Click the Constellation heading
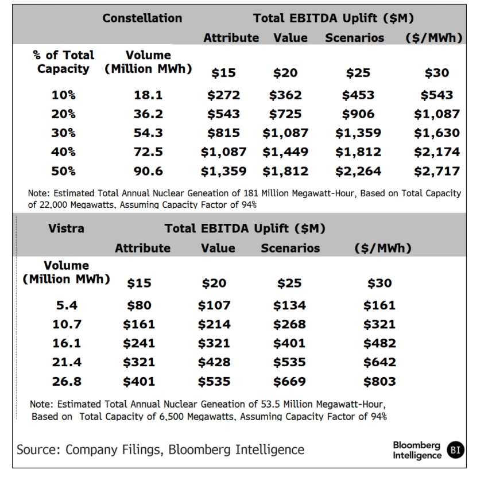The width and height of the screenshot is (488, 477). pos(142,18)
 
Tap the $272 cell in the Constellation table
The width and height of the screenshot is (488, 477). pos(223,95)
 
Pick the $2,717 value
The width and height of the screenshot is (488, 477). pos(437,171)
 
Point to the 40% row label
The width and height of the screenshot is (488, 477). pos(63,152)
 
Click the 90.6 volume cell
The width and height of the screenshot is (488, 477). pos(148,171)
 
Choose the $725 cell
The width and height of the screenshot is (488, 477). pos(285,114)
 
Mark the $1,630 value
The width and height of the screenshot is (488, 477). pos(437,133)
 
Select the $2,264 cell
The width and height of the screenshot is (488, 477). pos(358,171)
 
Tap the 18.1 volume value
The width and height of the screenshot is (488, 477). pos(148,95)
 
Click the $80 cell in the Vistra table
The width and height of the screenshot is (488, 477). pos(139,305)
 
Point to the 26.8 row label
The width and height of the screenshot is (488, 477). pos(67,381)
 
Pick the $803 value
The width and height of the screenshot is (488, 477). pos(379,381)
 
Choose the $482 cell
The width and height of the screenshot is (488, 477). pos(379,343)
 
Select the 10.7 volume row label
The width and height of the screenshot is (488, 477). pos(67,324)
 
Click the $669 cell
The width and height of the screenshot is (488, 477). pos(289,381)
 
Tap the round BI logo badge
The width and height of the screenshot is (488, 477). pos(456,450)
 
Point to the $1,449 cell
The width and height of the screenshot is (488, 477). pos(285,152)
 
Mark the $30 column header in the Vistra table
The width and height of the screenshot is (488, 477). pos(379,283)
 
